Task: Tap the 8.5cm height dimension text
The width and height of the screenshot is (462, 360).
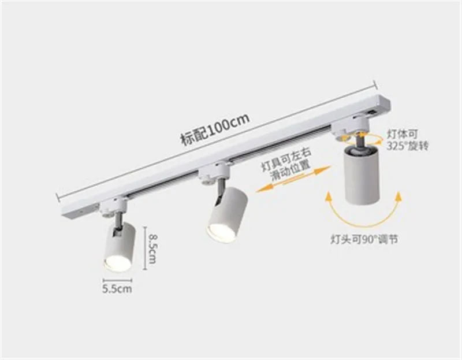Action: click(152, 248)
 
